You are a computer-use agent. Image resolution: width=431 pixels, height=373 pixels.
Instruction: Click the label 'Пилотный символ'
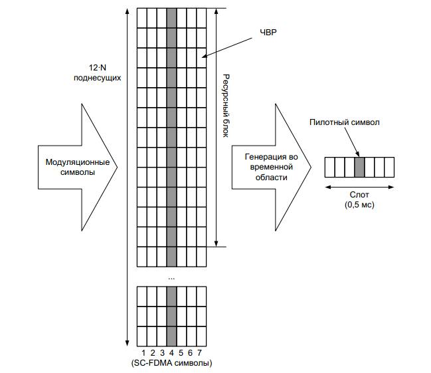tap(345, 123)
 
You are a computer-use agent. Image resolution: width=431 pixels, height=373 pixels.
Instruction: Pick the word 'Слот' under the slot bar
tap(359, 197)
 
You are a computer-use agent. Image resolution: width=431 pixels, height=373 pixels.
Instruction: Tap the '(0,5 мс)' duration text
tap(359, 206)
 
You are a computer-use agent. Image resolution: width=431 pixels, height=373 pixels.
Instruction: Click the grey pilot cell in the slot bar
tap(359, 166)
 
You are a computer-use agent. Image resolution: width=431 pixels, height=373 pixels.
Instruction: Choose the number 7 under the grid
tap(199, 352)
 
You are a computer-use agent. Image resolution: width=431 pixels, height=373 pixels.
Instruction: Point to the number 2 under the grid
tap(152, 352)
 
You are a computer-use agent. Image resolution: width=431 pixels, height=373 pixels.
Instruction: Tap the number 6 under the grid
tap(190, 352)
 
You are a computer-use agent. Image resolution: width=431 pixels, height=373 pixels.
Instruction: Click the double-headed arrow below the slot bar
tap(359, 187)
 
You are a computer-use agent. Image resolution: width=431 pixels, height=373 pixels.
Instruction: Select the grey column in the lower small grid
tap(171, 315)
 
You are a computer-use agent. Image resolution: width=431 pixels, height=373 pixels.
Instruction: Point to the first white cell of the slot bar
tap(329, 166)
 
